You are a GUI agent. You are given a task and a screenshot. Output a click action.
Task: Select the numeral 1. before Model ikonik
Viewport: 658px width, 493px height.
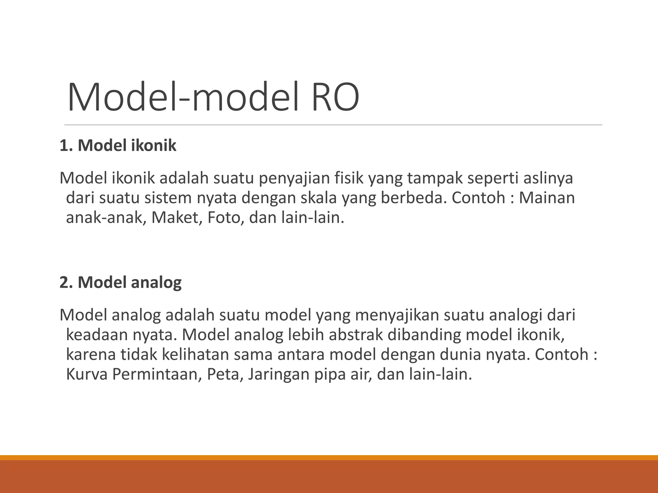coord(65,145)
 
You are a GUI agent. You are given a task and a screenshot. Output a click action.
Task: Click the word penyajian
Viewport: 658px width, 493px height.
coord(294,178)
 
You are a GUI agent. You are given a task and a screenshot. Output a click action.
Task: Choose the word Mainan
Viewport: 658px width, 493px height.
coord(547,198)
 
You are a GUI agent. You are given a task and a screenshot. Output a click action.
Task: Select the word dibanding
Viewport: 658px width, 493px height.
coord(424,335)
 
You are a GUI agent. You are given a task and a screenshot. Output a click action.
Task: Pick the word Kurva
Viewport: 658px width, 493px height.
coord(86,374)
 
